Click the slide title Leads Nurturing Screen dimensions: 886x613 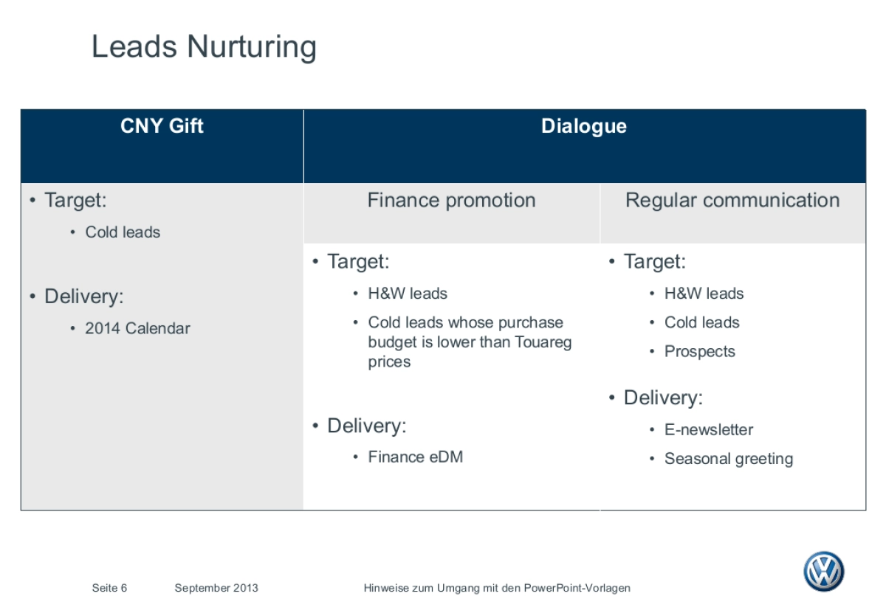pos(204,46)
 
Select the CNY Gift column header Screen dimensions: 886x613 pos(162,126)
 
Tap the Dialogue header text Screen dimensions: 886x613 pos(584,127)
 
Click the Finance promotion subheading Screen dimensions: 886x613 pos(451,200)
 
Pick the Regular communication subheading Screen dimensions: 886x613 pos(732,200)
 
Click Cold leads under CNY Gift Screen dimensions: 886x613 pos(123,232)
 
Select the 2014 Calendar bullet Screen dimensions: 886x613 pos(137,328)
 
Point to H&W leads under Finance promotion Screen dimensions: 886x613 pos(408,294)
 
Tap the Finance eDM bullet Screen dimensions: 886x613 pos(415,457)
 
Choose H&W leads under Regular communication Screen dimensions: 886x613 pos(704,294)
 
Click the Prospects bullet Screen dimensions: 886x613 pos(700,352)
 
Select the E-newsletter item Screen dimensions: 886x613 pos(709,429)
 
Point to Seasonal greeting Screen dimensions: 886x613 pos(729,459)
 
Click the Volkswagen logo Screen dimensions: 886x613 pos(824,571)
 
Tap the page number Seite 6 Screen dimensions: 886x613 pos(109,588)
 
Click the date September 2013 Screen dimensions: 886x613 pos(216,589)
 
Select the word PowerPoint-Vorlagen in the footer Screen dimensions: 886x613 pos(577,589)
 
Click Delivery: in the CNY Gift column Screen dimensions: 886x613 pos(84,297)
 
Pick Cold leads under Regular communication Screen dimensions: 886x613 pos(701,322)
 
